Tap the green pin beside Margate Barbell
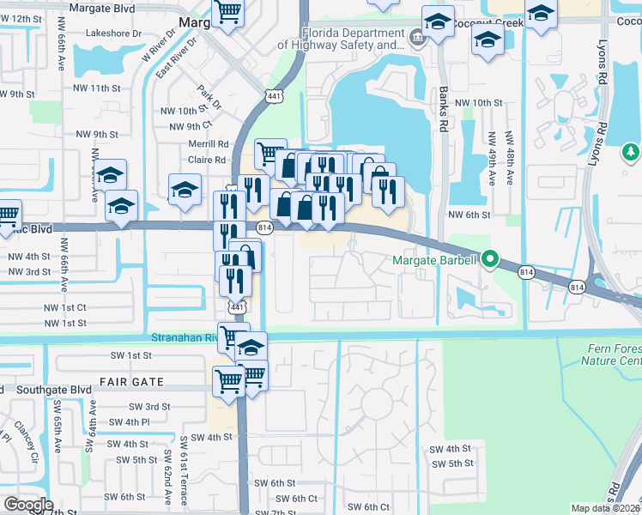coord(490,257)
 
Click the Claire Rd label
coord(207,160)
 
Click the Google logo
coord(27,505)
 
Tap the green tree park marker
coord(631,153)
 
